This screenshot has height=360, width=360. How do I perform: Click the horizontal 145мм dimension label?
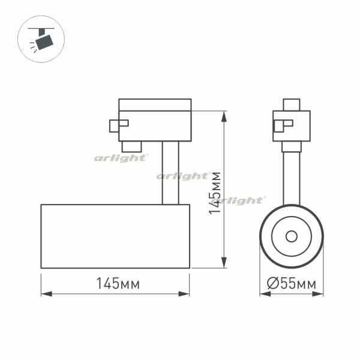tap(118, 283)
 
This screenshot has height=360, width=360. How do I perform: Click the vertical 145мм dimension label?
tap(215, 193)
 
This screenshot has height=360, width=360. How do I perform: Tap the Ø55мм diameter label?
tap(292, 283)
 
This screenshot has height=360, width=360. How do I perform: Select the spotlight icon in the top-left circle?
tap(41, 39)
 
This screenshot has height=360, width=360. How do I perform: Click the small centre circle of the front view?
tap(292, 236)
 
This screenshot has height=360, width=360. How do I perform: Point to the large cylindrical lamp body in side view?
tap(115, 236)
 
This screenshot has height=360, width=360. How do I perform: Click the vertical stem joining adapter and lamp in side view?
tap(170, 173)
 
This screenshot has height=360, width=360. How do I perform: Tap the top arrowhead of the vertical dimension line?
tap(224, 116)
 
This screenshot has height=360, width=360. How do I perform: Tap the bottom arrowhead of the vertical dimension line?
tap(224, 262)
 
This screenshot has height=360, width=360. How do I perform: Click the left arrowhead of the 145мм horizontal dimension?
tap(47, 294)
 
